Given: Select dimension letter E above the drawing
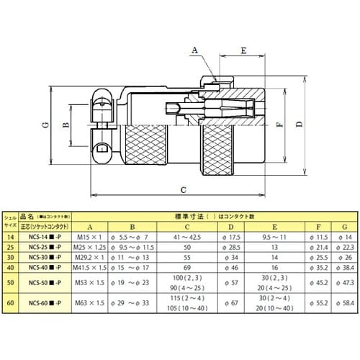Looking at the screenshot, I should coord(245,50).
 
